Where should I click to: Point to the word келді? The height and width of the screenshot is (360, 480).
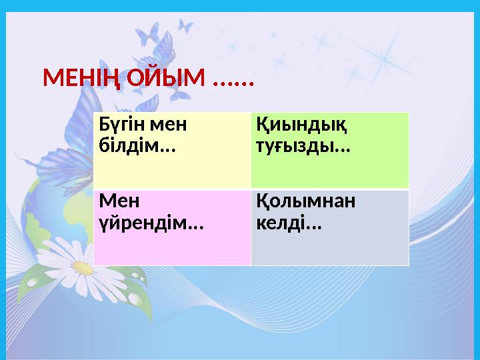coord(283,221)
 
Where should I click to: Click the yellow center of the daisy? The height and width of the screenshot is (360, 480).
coord(83,268)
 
